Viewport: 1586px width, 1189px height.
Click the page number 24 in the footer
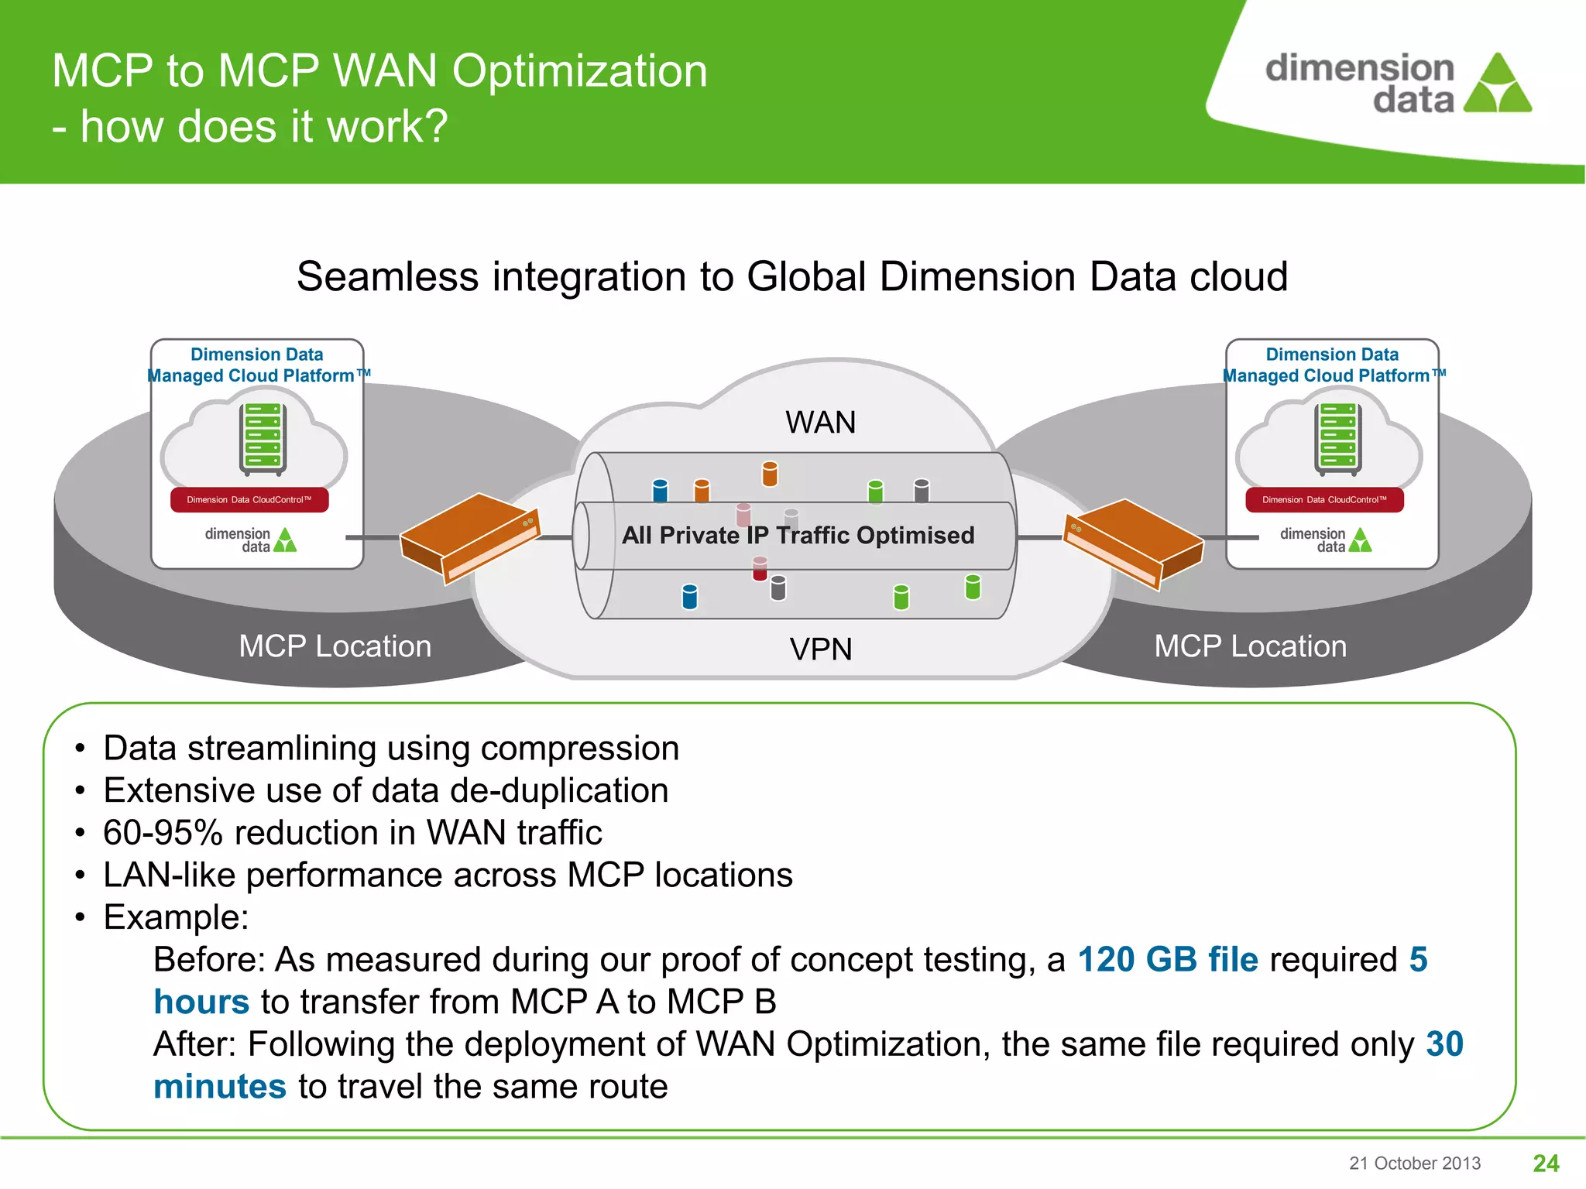point(1546,1163)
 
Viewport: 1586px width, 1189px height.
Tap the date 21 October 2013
point(1414,1163)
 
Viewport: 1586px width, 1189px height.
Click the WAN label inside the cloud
point(820,423)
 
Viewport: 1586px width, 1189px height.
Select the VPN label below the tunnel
point(820,649)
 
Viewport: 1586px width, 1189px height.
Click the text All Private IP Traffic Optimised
point(798,535)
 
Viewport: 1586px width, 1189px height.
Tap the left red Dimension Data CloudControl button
point(249,499)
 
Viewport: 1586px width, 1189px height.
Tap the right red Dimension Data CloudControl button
point(1324,499)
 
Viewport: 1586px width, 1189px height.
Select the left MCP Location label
point(335,646)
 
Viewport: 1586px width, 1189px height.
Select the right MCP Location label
point(1250,646)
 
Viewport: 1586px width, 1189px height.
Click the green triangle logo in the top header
point(1498,85)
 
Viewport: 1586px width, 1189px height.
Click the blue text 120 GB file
point(1168,960)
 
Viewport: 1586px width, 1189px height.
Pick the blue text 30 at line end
point(1444,1044)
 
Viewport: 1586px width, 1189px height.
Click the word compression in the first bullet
point(579,749)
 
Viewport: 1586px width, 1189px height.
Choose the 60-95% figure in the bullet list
point(163,833)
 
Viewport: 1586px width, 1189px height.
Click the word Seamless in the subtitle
point(388,277)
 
